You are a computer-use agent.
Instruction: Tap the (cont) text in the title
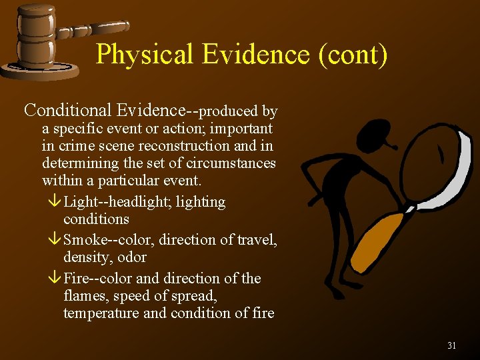click(353, 54)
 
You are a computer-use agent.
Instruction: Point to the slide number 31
click(451, 345)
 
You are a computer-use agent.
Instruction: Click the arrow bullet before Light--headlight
click(55, 202)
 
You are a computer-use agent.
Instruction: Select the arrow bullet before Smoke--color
click(55, 240)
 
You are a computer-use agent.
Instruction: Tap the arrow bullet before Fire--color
click(55, 279)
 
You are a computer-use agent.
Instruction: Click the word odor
click(133, 257)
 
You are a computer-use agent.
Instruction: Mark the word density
click(85, 257)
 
